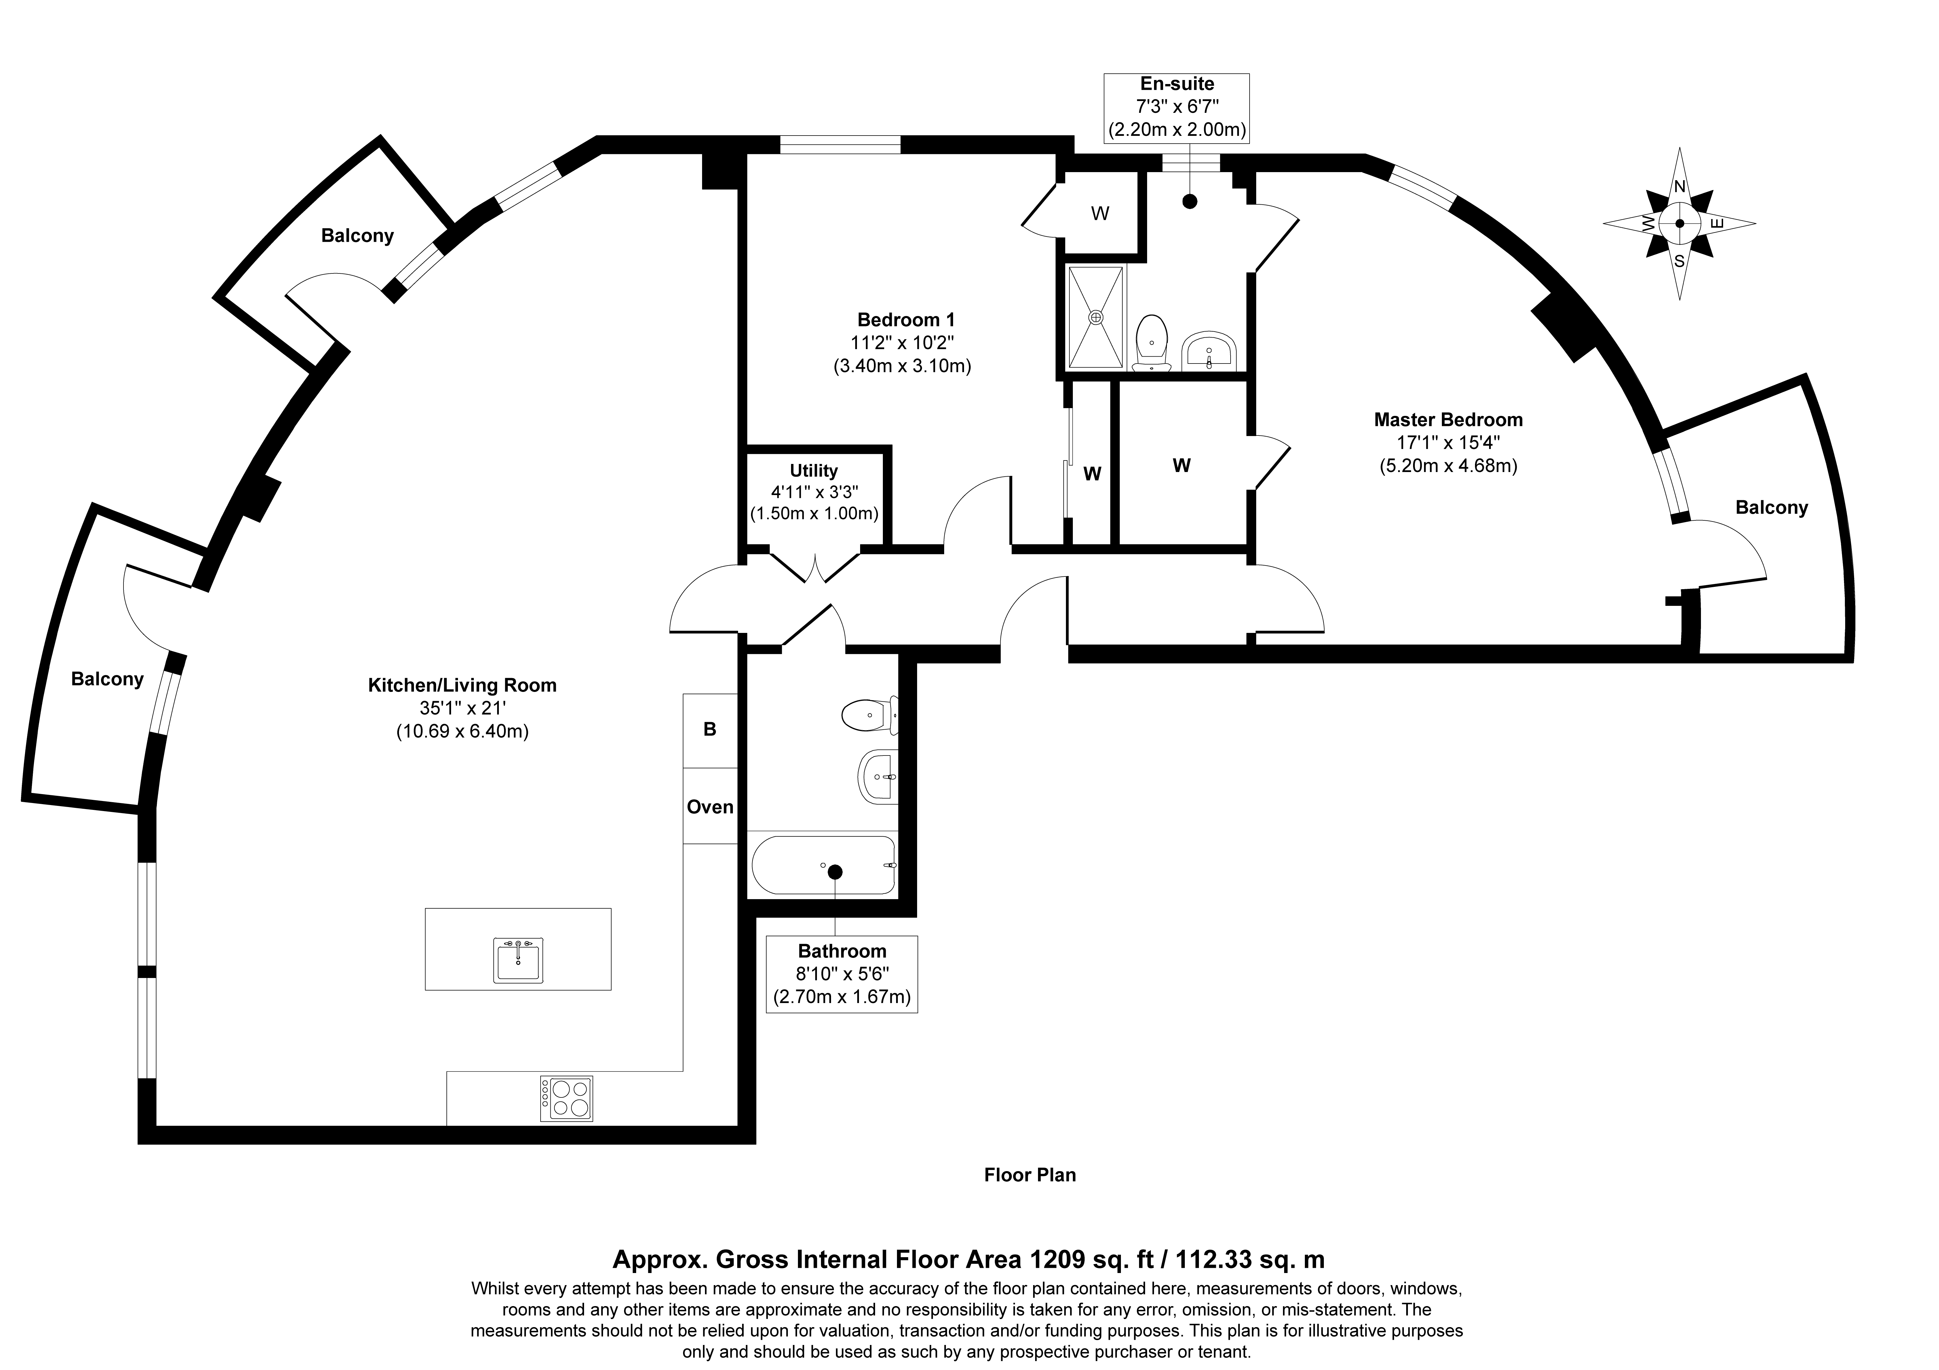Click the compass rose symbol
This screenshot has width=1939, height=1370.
coord(1679,224)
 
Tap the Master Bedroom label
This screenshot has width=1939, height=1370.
coord(1448,420)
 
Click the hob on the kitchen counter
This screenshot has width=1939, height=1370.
coord(567,1098)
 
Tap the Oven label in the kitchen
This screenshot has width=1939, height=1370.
coord(709,807)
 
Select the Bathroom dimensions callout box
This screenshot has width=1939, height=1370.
coord(842,974)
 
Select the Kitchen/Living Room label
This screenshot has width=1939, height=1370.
coord(462,685)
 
